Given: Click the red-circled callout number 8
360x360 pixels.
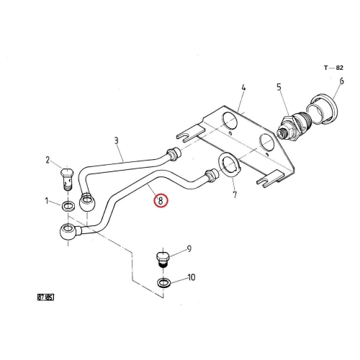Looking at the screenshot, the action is tap(161, 200).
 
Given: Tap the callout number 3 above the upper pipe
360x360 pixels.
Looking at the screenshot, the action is tap(117, 140).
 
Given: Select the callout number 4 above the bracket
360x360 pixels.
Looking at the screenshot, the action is tap(243, 87).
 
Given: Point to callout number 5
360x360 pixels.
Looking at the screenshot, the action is tap(279, 87).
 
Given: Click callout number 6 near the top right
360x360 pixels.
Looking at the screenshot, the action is tap(341, 81).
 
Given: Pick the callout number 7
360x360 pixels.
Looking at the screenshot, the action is tap(235, 194).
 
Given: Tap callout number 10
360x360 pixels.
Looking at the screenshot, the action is tap(192, 277).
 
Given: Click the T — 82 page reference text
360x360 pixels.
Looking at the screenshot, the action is tap(333, 68).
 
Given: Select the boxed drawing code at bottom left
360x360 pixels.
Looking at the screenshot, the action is tap(45, 297).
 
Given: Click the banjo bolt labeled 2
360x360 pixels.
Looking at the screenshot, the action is tap(67, 179).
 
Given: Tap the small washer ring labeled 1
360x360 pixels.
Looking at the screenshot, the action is tap(68, 206).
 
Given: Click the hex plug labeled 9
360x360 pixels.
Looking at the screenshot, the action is tap(163, 259).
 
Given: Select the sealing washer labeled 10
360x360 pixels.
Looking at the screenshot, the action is tap(163, 283).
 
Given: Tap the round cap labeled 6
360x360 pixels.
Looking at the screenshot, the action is tap(323, 110).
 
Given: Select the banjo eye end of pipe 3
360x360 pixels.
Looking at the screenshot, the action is tap(87, 202).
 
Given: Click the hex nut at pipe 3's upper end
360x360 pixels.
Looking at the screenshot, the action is tap(174, 153).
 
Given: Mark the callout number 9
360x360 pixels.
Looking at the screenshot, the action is tap(189, 249).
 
